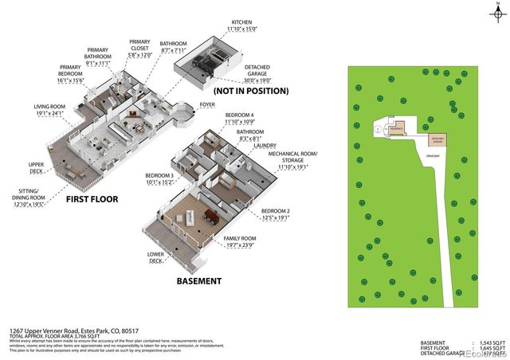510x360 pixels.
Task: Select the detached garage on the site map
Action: [x=437, y=139]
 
